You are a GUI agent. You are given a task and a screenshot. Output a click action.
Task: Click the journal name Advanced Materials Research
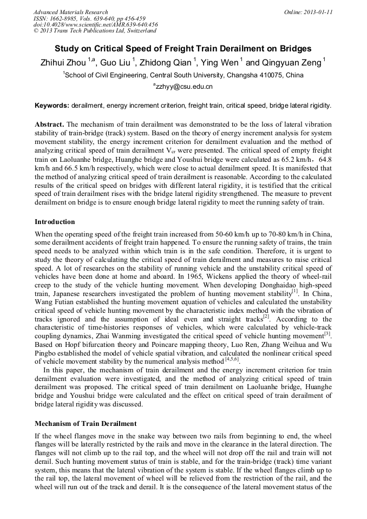70,12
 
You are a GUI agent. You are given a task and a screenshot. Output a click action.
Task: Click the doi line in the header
95,24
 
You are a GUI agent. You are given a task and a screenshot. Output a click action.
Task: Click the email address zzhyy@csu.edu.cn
184,86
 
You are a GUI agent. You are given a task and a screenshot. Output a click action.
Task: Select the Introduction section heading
55,222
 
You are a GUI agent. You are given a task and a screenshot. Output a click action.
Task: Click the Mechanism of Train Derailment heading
86,423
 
